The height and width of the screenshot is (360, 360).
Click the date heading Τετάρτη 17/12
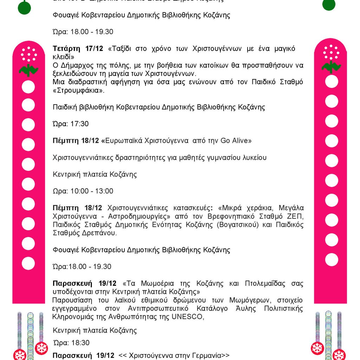pyautogui.click(x=78, y=49)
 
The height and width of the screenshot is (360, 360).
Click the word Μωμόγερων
pyautogui.click(x=225, y=300)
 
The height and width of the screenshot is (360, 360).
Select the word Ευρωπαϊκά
pyautogui.click(x=127, y=141)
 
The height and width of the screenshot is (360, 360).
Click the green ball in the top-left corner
pyautogui.click(x=24, y=7)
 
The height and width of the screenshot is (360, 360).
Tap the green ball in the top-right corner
pyautogui.click(x=329, y=4)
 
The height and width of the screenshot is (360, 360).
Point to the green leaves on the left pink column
pyautogui.click(x=28, y=70)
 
